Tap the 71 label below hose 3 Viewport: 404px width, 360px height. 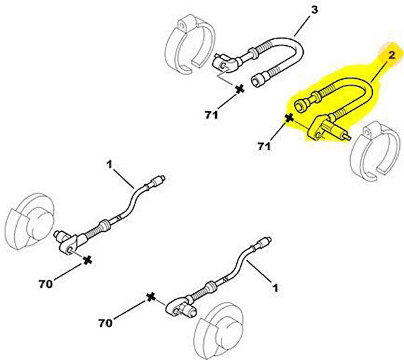coord(211,116)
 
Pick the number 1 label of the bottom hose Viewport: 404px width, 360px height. coord(274,287)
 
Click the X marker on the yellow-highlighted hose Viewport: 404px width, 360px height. coord(289,118)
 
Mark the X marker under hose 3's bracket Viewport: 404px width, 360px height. coord(239,88)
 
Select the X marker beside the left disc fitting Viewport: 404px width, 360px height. coord(86,260)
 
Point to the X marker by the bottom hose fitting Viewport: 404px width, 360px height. coord(151,297)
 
